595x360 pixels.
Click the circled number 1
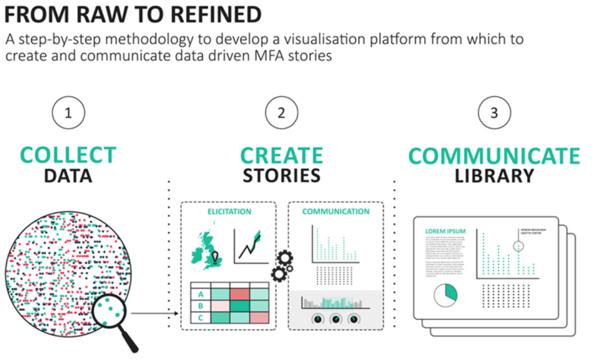pyautogui.click(x=68, y=113)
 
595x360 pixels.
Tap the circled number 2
pyautogui.click(x=282, y=113)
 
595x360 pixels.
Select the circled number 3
pyautogui.click(x=494, y=113)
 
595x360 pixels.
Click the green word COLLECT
pyautogui.click(x=68, y=155)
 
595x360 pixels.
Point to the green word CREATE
pyautogui.click(x=282, y=156)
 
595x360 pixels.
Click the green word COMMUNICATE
pyautogui.click(x=494, y=156)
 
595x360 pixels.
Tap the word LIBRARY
pyautogui.click(x=494, y=176)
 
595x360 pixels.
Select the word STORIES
pyautogui.click(x=282, y=175)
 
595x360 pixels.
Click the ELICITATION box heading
pyautogui.click(x=229, y=212)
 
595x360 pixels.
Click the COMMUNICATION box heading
pyautogui.click(x=336, y=212)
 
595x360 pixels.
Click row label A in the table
pyautogui.click(x=201, y=294)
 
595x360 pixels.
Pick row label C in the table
pyautogui.click(x=201, y=318)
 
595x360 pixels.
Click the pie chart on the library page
pyautogui.click(x=445, y=295)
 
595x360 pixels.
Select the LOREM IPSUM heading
pyautogui.click(x=445, y=231)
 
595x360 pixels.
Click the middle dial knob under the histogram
pyautogui.click(x=336, y=319)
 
